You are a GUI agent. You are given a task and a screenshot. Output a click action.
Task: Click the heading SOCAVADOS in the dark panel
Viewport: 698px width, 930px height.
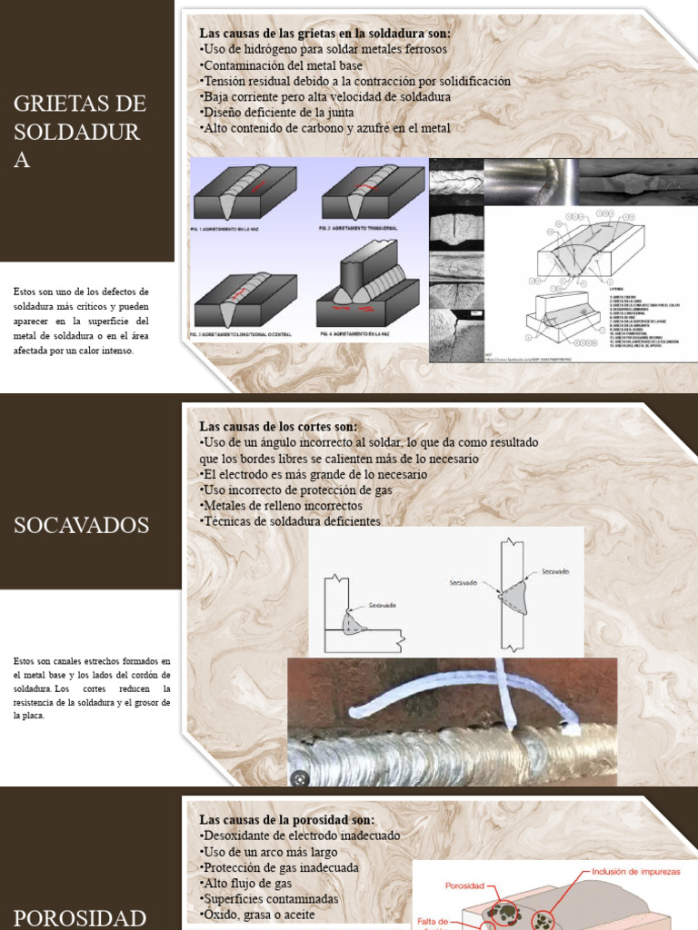click(82, 525)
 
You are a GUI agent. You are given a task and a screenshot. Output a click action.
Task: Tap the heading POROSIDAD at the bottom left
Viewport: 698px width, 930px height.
click(80, 915)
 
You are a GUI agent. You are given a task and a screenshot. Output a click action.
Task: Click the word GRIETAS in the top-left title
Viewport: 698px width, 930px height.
click(65, 103)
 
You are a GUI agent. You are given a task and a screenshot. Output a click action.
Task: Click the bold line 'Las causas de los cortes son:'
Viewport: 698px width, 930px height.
click(278, 426)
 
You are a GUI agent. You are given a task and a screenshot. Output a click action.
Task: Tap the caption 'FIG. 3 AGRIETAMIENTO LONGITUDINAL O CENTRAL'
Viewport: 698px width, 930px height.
click(245, 335)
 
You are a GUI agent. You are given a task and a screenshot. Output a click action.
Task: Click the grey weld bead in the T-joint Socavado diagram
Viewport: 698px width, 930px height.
click(354, 623)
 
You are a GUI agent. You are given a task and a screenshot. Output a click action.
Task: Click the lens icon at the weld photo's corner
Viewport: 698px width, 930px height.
click(299, 778)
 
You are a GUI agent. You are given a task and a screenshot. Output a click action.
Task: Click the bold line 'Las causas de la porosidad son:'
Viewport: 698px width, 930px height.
click(286, 818)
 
